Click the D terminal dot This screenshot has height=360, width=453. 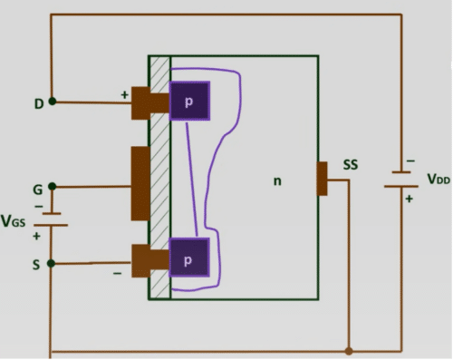pyautogui.click(x=53, y=102)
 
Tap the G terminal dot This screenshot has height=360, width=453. pyautogui.click(x=53, y=186)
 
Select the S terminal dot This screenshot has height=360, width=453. pyautogui.click(x=52, y=264)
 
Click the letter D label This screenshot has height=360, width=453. pyautogui.click(x=39, y=104)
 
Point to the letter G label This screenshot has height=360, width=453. pyautogui.click(x=38, y=190)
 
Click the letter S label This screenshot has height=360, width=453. pyautogui.click(x=36, y=265)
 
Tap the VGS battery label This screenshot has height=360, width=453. pyautogui.click(x=13, y=221)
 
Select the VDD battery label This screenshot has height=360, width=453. pyautogui.click(x=439, y=179)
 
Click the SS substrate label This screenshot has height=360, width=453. pyautogui.click(x=351, y=165)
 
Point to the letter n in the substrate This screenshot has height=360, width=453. pyautogui.click(x=277, y=181)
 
